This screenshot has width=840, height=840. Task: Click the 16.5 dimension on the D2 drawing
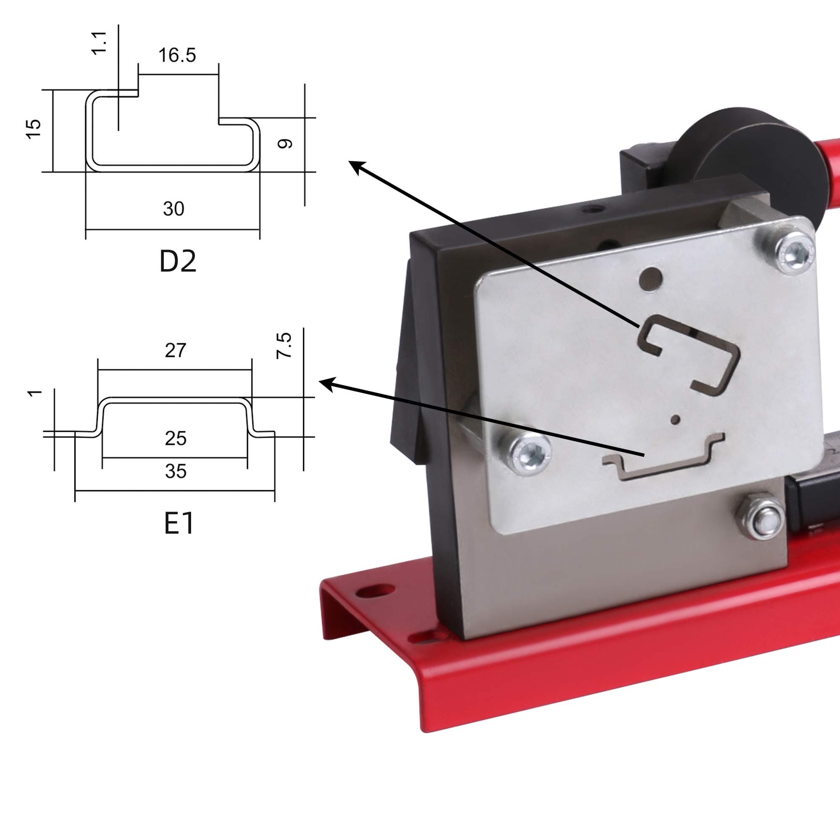177,55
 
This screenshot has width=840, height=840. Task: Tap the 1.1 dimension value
100,42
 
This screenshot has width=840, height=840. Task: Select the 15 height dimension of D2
34,129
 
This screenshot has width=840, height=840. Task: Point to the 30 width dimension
173,209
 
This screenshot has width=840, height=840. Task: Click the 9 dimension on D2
285,144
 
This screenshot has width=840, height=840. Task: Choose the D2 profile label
178,261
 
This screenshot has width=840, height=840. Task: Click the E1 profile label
178,523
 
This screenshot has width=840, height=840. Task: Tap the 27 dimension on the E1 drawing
175,350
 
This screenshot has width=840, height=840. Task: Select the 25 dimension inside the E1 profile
175,438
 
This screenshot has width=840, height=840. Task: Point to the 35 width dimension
175,471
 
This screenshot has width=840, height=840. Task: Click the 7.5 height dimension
284,346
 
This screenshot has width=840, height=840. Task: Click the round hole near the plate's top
651,279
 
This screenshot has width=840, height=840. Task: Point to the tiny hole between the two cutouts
675,420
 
